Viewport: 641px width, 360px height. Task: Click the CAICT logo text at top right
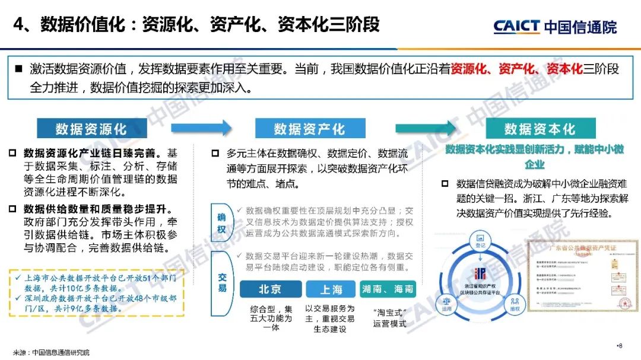point(516,26)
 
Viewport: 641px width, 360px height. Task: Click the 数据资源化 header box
point(91,129)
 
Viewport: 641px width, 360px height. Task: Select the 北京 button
point(269,289)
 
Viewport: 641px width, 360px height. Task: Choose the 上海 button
point(331,289)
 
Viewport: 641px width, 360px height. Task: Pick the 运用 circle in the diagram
point(446,308)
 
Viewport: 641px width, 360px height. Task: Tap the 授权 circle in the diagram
point(514,308)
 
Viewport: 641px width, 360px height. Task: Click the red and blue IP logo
point(480,274)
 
